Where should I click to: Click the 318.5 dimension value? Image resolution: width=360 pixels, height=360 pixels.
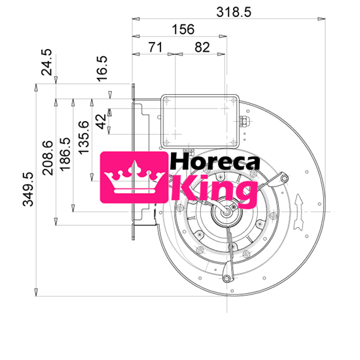click(233, 12)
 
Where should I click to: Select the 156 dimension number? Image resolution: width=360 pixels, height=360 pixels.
click(183, 29)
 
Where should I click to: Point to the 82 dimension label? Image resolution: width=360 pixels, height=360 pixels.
click(202, 47)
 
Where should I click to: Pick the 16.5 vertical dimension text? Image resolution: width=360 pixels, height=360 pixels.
click(101, 68)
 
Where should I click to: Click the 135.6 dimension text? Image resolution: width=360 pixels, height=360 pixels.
click(83, 137)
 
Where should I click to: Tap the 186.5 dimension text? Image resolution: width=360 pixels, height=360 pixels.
click(65, 154)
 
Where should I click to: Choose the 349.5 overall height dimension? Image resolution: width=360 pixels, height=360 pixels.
click(28, 190)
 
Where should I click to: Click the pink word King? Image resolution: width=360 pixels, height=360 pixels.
click(213, 190)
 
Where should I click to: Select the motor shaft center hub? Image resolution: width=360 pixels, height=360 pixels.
click(228, 211)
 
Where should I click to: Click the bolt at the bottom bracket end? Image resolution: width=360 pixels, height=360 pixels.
click(227, 279)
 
